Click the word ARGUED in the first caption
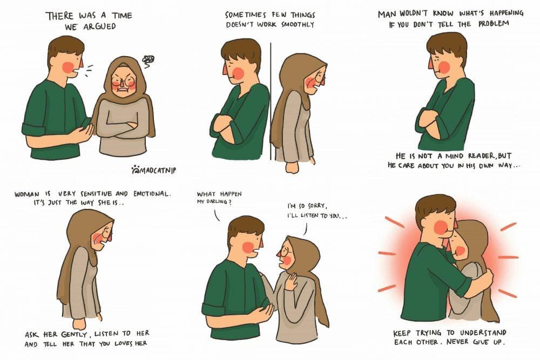pyautogui.click(x=99, y=26)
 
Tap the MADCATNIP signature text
pyautogui.click(x=157, y=170)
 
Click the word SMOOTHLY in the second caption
pyautogui.click(x=298, y=24)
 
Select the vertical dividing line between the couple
pyautogui.click(x=271, y=101)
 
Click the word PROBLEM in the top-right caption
pyautogui.click(x=493, y=24)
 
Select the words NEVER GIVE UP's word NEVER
pyautogui.click(x=457, y=342)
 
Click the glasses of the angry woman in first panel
pyautogui.click(x=124, y=82)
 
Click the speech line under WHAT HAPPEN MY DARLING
pyautogui.click(x=217, y=215)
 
